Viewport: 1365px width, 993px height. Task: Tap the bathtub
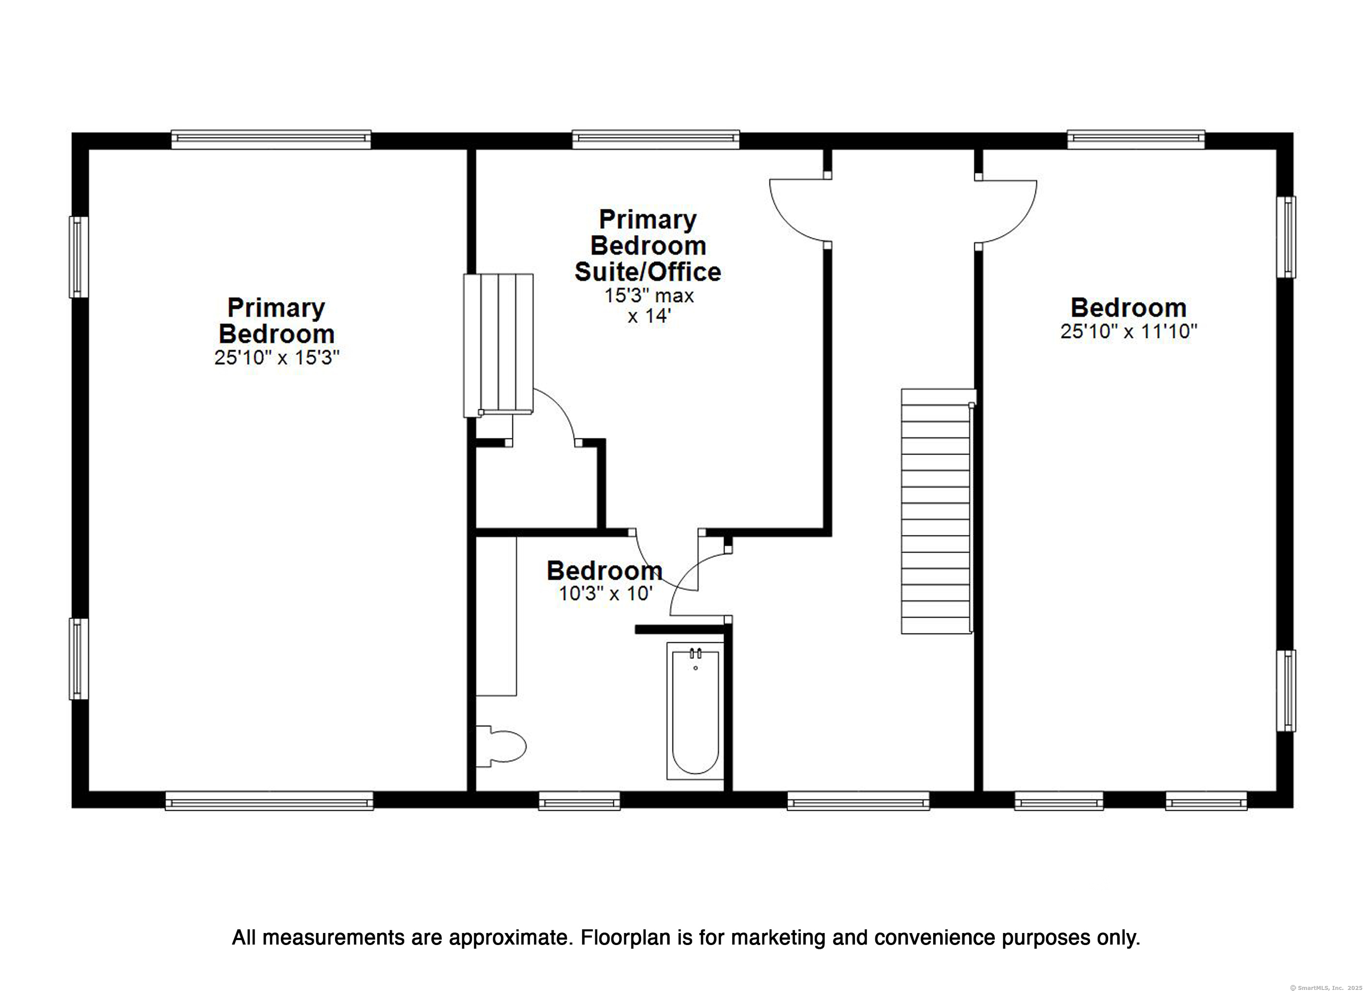coord(695,711)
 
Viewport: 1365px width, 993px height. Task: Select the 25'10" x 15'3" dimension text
coord(277,358)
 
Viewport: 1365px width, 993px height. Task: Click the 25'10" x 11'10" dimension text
coord(1129,331)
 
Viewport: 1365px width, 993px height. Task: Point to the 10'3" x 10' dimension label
coord(606,594)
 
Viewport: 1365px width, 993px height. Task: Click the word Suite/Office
coord(647,272)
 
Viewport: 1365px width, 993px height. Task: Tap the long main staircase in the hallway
coord(937,511)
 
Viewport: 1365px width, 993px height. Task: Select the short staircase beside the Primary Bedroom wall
coord(499,345)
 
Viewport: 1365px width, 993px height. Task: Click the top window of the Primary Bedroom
coord(271,140)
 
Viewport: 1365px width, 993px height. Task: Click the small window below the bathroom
coord(579,801)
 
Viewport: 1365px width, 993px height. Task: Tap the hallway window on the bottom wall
coord(858,801)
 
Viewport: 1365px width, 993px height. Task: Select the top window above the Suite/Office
coord(655,140)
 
